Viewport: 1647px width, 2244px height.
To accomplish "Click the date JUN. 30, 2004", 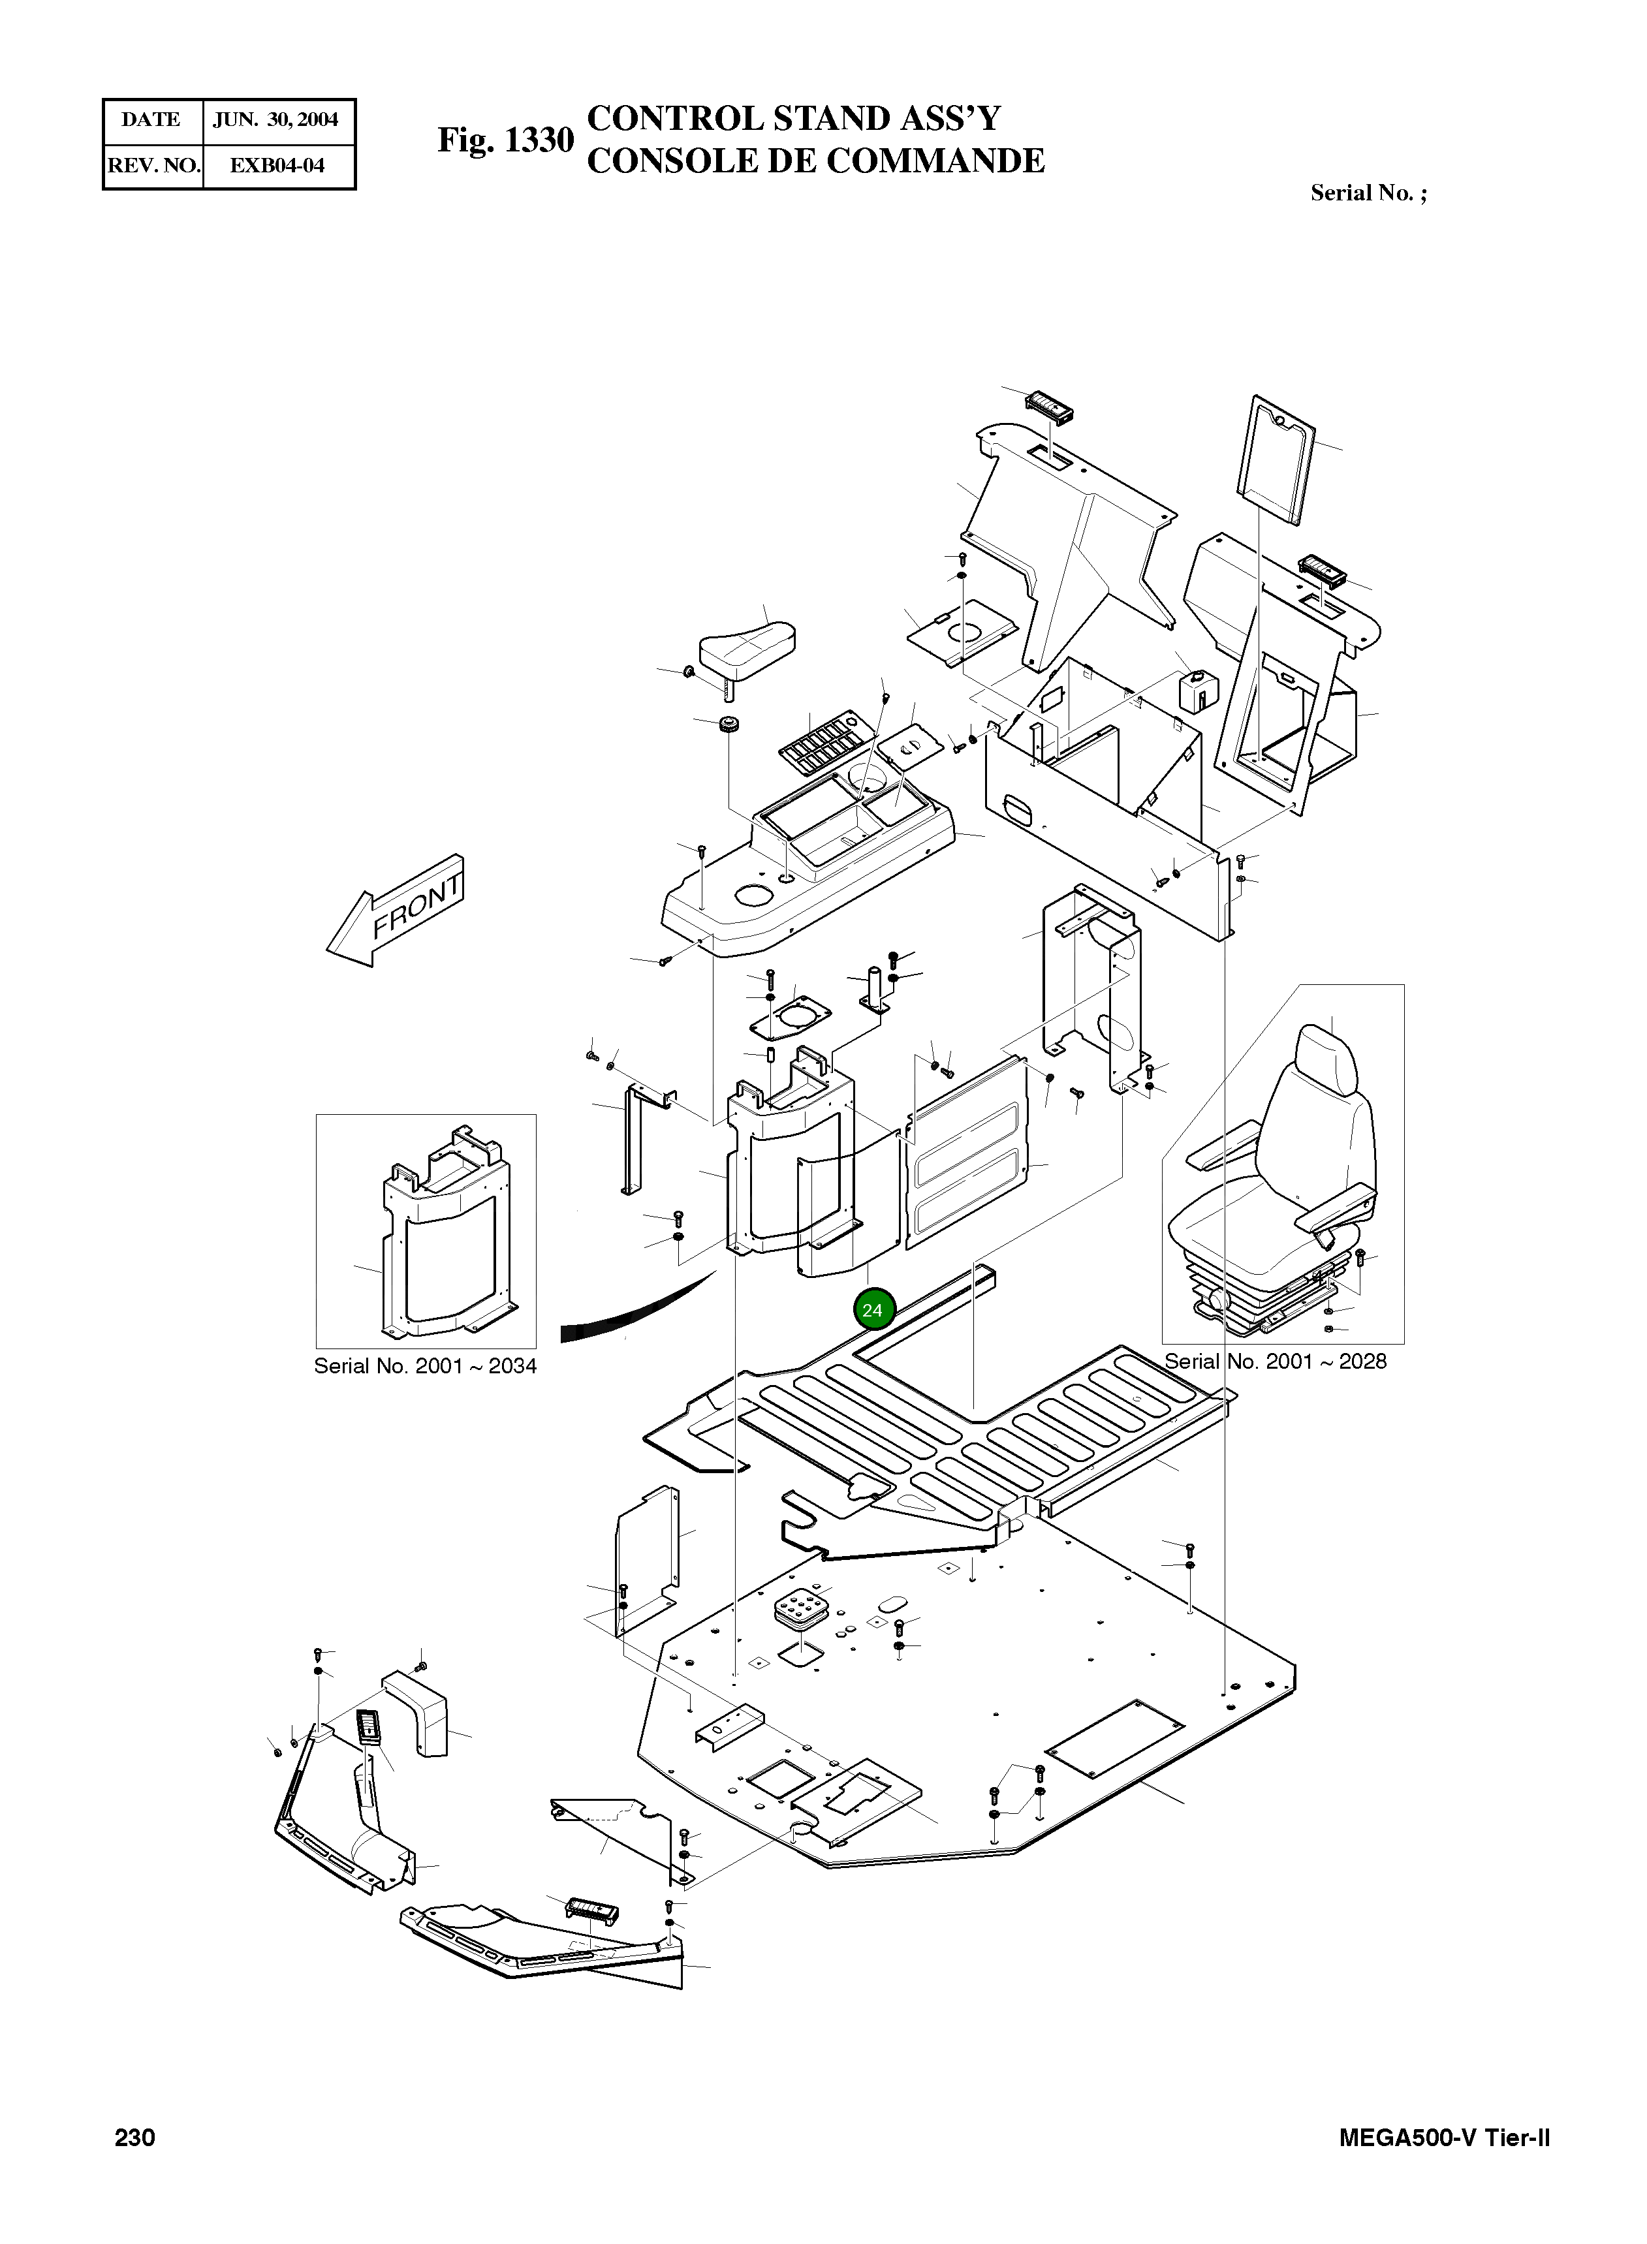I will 276,119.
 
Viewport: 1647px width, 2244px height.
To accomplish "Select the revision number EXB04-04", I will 277,166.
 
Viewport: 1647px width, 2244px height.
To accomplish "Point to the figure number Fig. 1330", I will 505,140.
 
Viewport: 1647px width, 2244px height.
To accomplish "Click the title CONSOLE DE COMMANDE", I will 815,161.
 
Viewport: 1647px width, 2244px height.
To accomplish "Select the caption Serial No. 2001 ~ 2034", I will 425,1365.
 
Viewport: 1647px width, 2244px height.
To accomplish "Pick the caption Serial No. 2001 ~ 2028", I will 1275,1361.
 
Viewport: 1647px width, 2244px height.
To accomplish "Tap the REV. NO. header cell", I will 153,166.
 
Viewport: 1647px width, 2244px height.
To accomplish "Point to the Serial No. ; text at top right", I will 1368,193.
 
